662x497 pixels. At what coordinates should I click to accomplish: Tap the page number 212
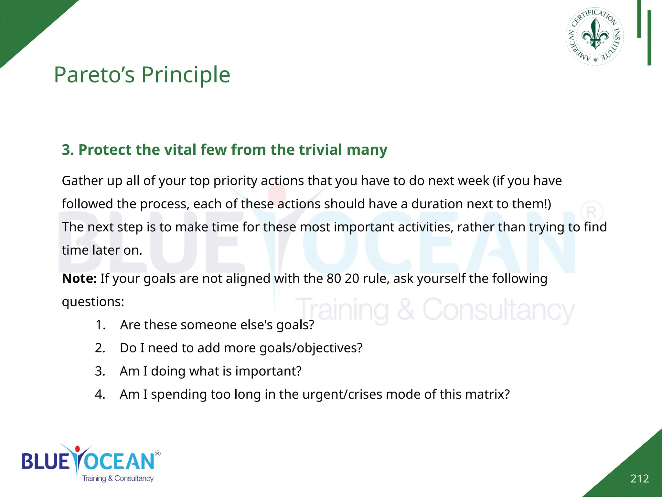click(639, 479)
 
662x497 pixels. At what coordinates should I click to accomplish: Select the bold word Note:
click(79, 279)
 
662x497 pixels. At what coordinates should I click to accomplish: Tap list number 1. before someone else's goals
click(101, 325)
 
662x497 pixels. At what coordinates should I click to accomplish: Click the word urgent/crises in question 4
click(344, 394)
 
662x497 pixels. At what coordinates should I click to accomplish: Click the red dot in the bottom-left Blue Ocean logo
click(77, 449)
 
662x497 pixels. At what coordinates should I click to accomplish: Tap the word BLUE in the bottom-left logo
click(45, 461)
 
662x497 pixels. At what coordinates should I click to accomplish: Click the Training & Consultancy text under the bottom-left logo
click(118, 478)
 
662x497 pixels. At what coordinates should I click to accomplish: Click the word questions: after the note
click(93, 302)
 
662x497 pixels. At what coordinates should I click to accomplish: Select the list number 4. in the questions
click(100, 394)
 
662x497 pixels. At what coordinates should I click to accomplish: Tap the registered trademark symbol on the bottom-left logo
click(158, 453)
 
